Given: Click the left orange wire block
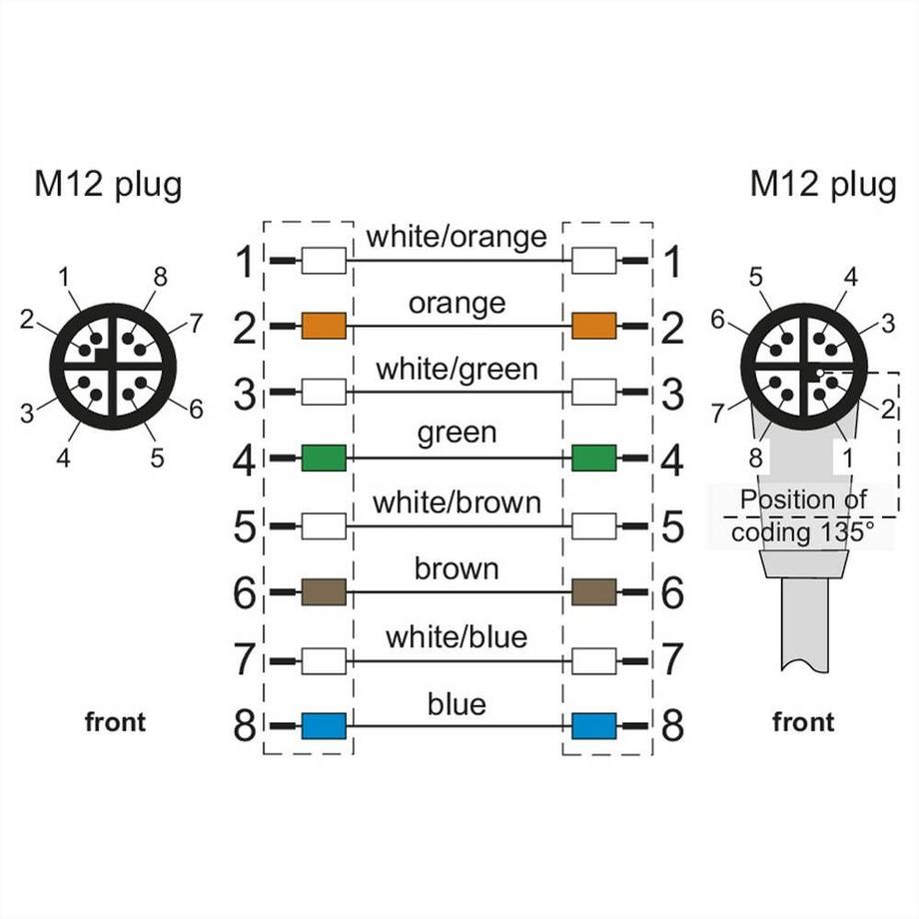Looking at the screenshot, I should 324,325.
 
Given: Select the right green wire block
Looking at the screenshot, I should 593,458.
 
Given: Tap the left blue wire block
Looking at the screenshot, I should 324,725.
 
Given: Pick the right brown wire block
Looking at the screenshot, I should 593,591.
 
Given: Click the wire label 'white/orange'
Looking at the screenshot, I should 457,237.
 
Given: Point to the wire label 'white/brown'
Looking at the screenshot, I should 457,501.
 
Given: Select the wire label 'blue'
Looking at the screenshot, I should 457,704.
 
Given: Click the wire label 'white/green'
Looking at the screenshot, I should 457,369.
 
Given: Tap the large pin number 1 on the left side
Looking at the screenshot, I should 245,263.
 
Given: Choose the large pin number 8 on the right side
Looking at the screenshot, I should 672,726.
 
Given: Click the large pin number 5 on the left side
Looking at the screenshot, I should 245,526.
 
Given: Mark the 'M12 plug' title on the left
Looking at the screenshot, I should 109,185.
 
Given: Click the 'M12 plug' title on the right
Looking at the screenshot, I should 823,185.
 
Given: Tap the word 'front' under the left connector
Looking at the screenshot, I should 115,722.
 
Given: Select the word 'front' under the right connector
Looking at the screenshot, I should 803,722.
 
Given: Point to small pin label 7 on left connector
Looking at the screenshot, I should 195,323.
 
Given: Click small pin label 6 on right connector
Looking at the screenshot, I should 716,319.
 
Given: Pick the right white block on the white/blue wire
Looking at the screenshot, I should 593,659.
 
